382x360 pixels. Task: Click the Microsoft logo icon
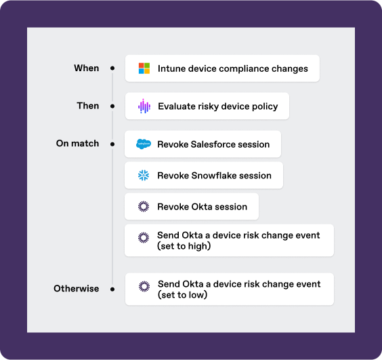point(144,68)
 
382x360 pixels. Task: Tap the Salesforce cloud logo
point(144,144)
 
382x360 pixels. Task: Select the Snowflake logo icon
point(144,175)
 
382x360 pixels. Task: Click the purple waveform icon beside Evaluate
point(144,106)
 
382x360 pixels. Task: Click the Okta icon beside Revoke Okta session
point(144,206)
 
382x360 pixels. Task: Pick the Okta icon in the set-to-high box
point(144,237)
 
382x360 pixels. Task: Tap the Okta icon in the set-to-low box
point(144,286)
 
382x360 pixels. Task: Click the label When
point(87,68)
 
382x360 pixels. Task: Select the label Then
point(88,106)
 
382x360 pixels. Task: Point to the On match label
point(77,144)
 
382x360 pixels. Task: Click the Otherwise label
point(77,289)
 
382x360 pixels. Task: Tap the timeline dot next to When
point(112,68)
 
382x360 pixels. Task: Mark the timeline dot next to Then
point(112,106)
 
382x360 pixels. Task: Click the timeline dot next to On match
point(112,144)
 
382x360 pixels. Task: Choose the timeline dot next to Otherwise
point(112,289)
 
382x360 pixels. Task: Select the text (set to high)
point(184,246)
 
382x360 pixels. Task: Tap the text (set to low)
point(183,295)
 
